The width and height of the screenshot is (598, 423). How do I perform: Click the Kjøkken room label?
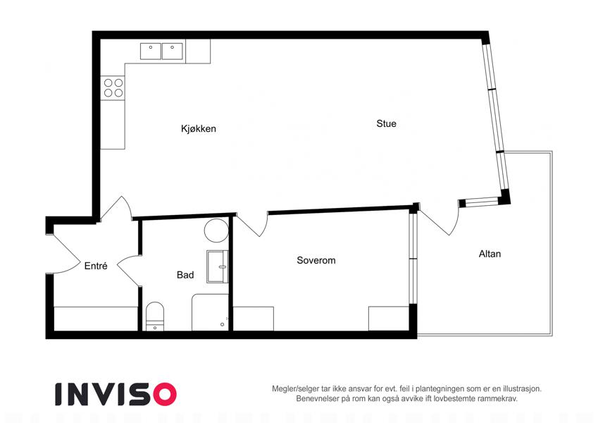point(199,128)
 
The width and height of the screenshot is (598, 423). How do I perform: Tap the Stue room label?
point(386,123)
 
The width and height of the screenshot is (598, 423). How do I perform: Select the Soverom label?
point(316,260)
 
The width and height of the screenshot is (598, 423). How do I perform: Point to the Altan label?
point(490,254)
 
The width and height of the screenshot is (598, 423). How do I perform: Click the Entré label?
point(96,266)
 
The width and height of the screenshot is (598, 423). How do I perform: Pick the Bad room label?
point(185,275)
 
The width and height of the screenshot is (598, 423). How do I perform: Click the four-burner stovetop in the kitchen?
point(113,88)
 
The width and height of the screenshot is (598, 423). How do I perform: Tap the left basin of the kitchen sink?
point(151,51)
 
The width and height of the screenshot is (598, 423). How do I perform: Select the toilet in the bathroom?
point(155,316)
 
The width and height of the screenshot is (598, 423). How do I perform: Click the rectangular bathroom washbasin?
point(218,266)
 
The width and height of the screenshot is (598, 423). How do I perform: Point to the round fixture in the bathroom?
point(216,231)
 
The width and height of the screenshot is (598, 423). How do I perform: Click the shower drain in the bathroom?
point(223,325)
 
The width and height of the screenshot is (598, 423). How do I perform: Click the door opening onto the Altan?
point(439,219)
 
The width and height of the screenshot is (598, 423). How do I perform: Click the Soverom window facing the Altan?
point(413,259)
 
